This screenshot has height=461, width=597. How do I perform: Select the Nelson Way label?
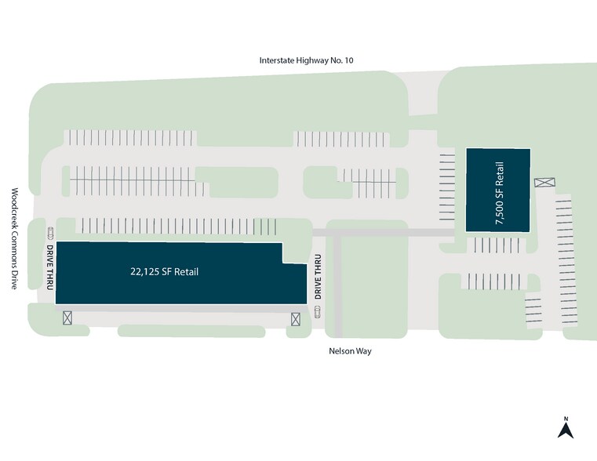tap(350, 351)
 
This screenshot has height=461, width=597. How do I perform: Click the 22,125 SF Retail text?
tap(165, 272)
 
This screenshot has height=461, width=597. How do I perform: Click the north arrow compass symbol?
tap(564, 429)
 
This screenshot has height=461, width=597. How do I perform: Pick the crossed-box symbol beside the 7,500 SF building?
tap(544, 183)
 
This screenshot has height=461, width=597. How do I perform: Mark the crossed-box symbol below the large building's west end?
tap(67, 318)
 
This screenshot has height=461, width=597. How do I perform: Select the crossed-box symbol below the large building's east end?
tap(296, 318)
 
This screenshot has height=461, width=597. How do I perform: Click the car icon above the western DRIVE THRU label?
tap(51, 232)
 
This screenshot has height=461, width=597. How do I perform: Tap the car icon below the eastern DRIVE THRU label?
tap(318, 312)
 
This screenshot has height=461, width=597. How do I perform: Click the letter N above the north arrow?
tap(565, 417)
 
